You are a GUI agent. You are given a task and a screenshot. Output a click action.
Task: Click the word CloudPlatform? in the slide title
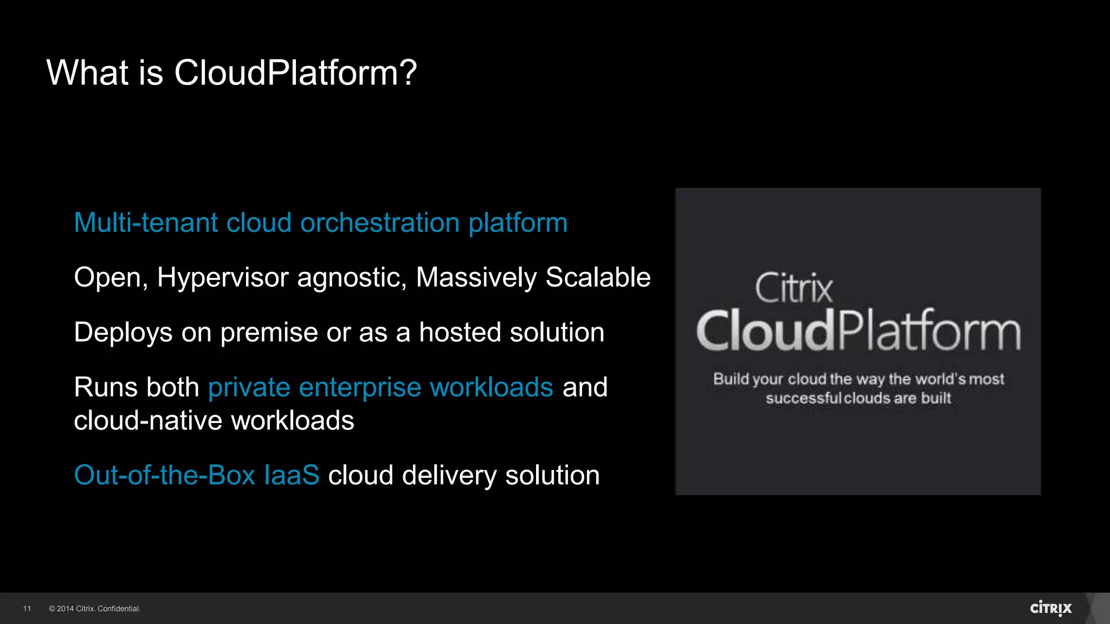click(x=295, y=73)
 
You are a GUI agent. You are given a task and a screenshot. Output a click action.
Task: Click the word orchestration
click(x=380, y=223)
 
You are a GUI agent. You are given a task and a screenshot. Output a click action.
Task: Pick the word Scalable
click(x=598, y=277)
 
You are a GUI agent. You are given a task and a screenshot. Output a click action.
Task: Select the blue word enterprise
click(x=360, y=387)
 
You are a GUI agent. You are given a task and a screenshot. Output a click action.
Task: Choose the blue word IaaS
click(x=292, y=475)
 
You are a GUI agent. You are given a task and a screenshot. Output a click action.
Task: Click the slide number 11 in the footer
click(x=27, y=609)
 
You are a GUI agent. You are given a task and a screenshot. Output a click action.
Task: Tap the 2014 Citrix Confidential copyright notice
click(x=95, y=609)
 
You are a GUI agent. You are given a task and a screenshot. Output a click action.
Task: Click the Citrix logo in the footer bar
click(x=1050, y=608)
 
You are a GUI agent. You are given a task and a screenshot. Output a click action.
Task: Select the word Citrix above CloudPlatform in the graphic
click(x=793, y=288)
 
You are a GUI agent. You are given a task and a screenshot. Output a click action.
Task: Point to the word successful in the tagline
click(x=804, y=398)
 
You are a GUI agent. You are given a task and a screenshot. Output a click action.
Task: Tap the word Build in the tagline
click(x=731, y=379)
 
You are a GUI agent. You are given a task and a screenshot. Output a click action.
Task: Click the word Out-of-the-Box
click(x=164, y=475)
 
